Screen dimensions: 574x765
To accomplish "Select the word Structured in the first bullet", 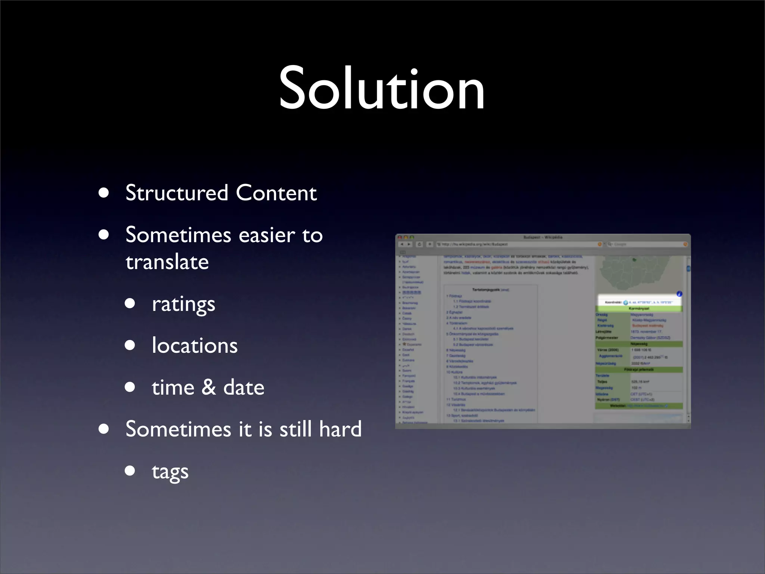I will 177,193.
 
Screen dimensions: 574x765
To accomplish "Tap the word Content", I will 276,193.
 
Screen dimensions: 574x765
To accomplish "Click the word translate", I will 167,262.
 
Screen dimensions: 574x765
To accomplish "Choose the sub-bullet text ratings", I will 183,304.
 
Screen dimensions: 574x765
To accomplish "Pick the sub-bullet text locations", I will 195,346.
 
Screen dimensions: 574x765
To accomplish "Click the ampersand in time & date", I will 209,387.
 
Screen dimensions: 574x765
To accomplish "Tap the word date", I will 244,387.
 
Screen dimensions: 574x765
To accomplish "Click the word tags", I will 170,472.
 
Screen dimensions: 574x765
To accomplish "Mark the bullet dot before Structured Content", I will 104,193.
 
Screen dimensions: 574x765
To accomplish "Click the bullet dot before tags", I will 130,470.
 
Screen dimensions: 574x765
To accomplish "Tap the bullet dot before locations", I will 130,345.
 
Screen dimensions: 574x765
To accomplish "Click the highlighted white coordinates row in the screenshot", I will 639,302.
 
